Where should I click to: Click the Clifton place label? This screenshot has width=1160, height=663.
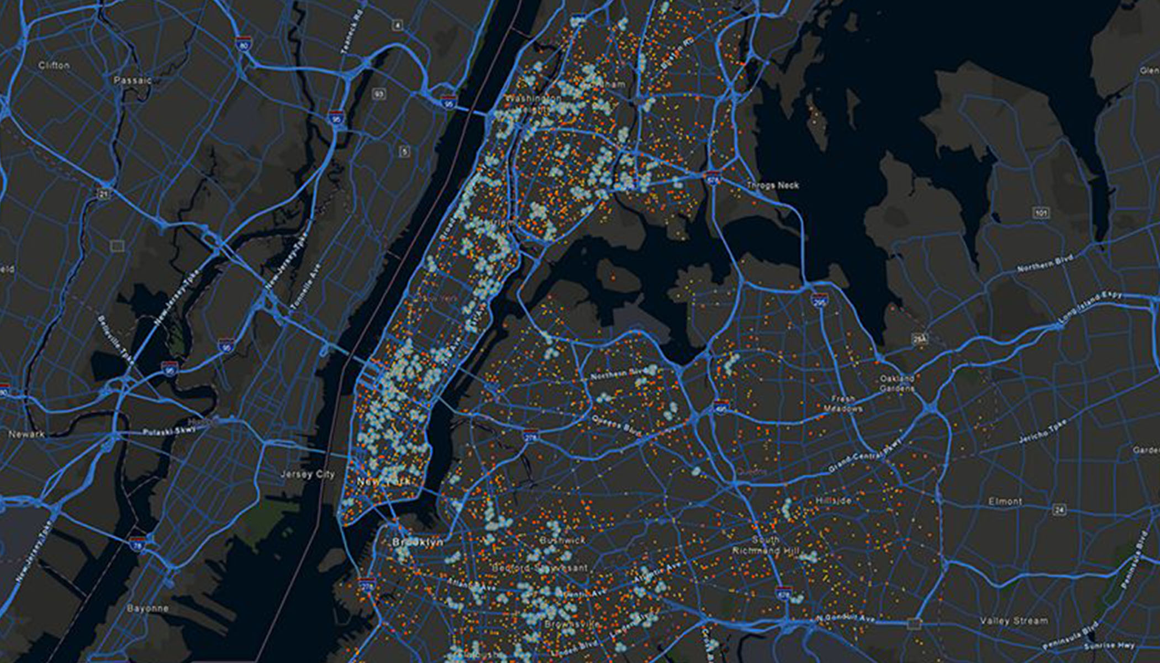click(54, 65)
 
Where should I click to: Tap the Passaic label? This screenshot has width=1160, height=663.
click(133, 80)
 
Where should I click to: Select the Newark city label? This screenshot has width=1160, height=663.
click(27, 434)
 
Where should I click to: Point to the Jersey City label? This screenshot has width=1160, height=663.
click(307, 474)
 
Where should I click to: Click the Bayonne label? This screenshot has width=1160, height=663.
click(147, 608)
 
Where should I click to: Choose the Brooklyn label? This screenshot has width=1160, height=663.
click(418, 542)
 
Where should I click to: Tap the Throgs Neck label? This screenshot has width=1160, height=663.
click(772, 185)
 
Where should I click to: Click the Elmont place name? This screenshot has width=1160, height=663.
click(1005, 502)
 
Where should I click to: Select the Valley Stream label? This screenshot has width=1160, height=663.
click(1014, 621)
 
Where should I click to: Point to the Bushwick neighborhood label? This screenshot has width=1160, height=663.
click(562, 540)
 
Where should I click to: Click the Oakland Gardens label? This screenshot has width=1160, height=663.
click(897, 383)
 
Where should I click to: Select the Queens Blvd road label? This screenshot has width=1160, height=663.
click(616, 426)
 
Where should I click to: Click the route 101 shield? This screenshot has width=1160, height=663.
click(1041, 213)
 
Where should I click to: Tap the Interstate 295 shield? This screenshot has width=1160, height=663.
click(819, 301)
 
